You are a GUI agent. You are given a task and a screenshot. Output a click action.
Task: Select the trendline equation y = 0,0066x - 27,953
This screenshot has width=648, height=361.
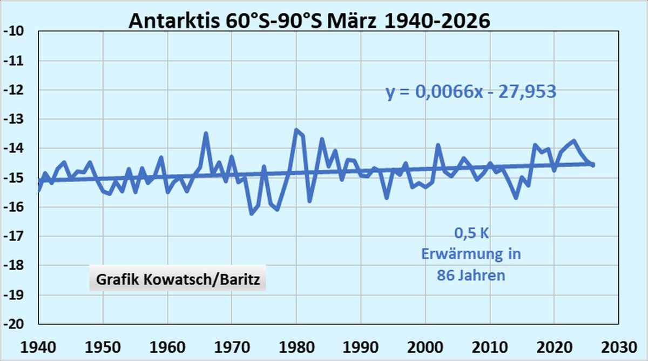(471, 92)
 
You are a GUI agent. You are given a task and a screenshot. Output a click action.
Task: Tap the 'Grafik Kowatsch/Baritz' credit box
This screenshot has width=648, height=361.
(178, 280)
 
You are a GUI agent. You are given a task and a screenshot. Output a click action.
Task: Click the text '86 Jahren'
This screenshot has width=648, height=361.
(471, 275)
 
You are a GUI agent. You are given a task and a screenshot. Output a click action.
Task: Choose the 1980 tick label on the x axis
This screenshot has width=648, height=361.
(296, 346)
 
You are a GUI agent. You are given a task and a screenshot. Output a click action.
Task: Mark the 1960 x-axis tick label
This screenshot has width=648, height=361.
(167, 346)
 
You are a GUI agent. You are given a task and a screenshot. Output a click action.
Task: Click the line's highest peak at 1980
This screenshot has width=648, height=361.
(296, 130)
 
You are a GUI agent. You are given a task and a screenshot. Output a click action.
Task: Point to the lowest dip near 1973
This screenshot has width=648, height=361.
(251, 213)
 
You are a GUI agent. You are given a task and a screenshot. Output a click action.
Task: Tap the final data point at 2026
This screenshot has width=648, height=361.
(592, 164)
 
